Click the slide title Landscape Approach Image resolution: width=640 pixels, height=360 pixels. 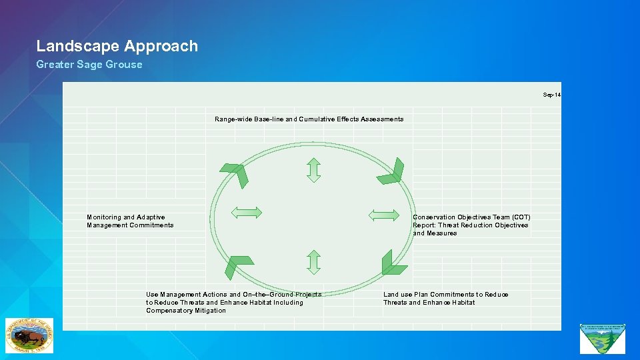(117, 46)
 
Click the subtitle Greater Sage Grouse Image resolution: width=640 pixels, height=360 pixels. (89, 65)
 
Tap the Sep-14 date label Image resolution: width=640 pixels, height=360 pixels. (551, 95)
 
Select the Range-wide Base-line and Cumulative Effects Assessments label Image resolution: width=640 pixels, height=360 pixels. (309, 119)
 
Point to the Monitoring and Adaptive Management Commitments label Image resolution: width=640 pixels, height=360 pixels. (130, 221)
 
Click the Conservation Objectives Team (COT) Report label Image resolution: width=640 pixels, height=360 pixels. (471, 225)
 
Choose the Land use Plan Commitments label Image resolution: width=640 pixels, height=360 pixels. (445, 299)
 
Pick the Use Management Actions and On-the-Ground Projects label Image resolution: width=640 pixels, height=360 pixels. (233, 302)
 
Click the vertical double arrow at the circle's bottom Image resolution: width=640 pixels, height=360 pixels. (314, 262)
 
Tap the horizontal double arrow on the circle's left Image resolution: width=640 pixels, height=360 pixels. (246, 213)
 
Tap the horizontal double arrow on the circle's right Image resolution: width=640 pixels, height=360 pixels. (385, 215)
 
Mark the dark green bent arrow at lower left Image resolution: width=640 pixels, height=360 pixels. (237, 265)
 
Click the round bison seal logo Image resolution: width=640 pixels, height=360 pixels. (29, 335)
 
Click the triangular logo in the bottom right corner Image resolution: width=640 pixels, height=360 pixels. (603, 338)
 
